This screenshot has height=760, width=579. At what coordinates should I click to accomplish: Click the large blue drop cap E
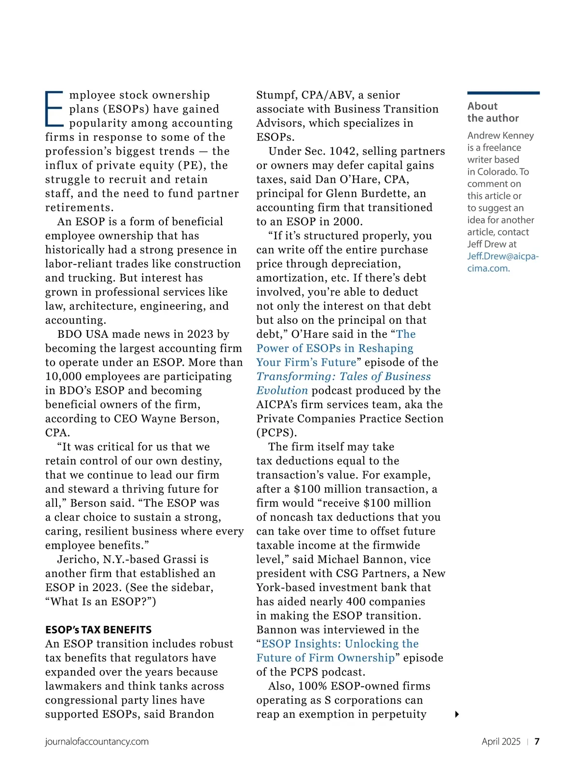pos(54,109)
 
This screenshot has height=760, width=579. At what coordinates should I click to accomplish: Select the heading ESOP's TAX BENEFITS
pos(98,630)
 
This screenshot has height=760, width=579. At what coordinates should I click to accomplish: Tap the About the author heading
pos(493,112)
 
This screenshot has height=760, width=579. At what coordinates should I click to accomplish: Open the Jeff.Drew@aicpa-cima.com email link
pos(502,262)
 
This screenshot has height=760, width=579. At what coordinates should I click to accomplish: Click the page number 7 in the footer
pos(537,742)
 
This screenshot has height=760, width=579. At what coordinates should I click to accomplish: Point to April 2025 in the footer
pos(501,742)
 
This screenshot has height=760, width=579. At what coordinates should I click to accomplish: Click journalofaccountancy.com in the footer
pos(96,742)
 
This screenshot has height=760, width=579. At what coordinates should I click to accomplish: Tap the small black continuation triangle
pos(457,714)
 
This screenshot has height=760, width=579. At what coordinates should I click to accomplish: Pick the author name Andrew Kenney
pos(500,136)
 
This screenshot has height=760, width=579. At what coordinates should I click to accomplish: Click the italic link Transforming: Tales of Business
pos(344,376)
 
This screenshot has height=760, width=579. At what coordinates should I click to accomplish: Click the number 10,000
pos(63,376)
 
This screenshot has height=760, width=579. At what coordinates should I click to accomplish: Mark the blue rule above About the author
pos(503,93)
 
